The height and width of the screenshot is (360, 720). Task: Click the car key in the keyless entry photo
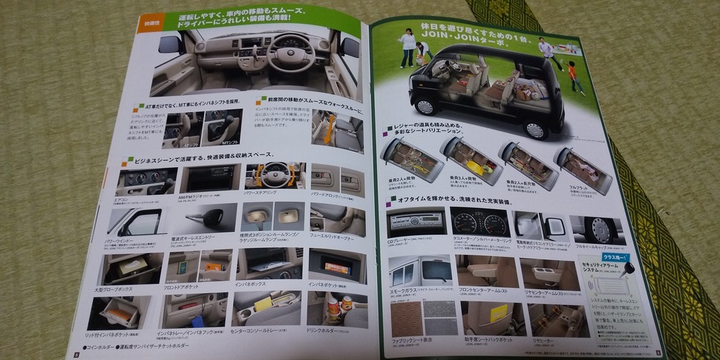pyautogui.click(x=209, y=217)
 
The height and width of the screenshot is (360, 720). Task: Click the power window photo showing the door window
pyautogui.click(x=138, y=220)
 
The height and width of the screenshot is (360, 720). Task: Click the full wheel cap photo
pyautogui.click(x=598, y=229)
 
